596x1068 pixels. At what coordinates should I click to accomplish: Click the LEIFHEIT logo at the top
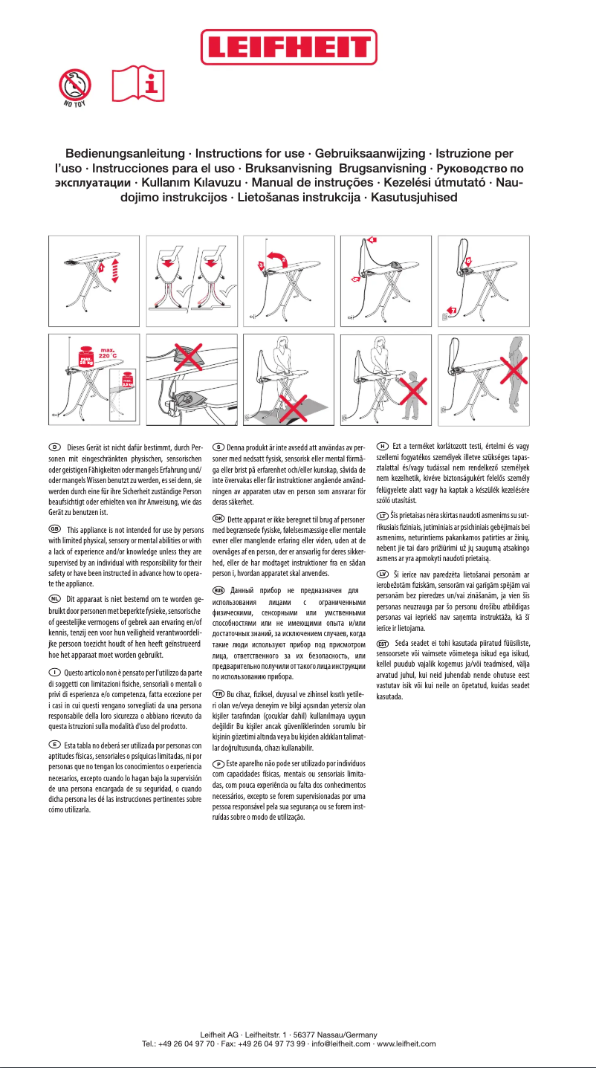pyautogui.click(x=297, y=48)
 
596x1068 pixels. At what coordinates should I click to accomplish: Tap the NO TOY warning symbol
pyautogui.click(x=77, y=87)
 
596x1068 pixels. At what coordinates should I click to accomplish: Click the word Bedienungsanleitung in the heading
pyautogui.click(x=125, y=154)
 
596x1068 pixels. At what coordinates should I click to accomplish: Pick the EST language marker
pyautogui.click(x=383, y=642)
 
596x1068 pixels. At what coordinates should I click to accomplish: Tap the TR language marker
pyautogui.click(x=218, y=693)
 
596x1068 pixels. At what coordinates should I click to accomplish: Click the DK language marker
pyautogui.click(x=218, y=517)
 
